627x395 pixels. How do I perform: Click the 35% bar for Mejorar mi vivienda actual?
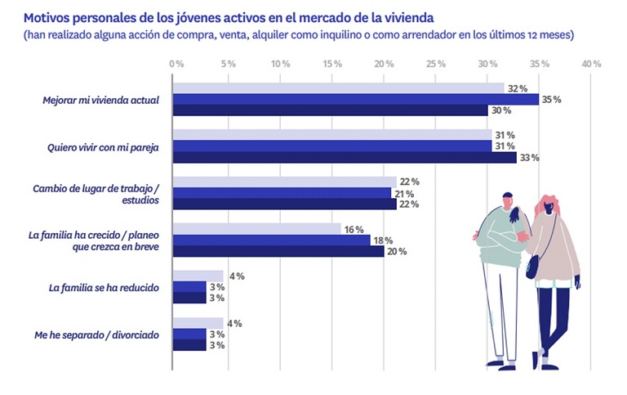[355, 100]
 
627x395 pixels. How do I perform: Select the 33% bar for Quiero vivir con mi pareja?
[344, 158]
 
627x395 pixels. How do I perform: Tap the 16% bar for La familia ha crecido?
[256, 229]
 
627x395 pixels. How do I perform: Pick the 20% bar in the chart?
[278, 252]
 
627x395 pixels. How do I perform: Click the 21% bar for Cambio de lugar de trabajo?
[282, 193]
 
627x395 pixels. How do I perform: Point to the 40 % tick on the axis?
[591, 64]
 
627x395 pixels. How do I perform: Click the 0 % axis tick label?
[176, 64]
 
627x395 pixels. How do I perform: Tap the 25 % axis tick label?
[435, 64]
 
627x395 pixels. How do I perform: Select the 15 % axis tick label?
[331, 64]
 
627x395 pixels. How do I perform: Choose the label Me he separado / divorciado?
[98, 334]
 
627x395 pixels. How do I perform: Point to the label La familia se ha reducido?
[104, 288]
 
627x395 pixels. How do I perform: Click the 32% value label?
[517, 88]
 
